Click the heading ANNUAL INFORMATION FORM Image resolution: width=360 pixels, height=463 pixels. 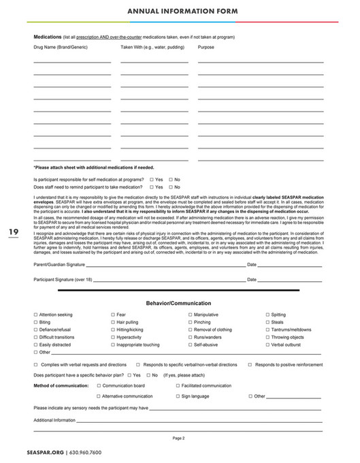(180, 12)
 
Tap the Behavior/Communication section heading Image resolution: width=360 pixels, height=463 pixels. (179, 303)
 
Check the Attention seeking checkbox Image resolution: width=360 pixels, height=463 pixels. (35, 315)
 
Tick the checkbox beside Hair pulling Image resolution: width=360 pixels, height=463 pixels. (113, 323)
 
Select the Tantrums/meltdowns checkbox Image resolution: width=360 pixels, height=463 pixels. (267, 330)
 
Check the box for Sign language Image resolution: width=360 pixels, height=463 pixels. (178, 396)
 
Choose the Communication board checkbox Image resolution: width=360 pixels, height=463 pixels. (99, 385)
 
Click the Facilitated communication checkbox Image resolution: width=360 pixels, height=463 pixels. (178, 385)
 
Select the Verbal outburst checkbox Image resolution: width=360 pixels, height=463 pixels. (267, 345)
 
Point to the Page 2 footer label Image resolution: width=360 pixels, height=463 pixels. (179, 438)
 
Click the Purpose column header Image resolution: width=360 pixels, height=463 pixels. (206, 48)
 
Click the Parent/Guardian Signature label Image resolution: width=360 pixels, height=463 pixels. (59, 264)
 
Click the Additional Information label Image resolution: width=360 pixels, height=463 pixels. (54, 420)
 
